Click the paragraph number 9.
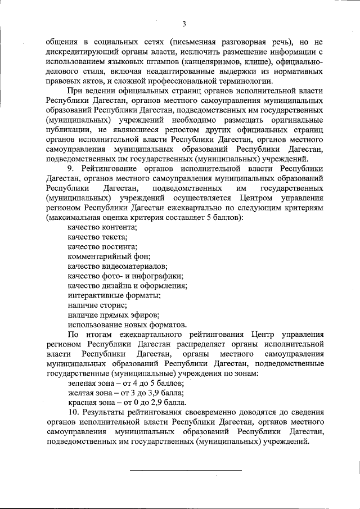coord(70,168)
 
